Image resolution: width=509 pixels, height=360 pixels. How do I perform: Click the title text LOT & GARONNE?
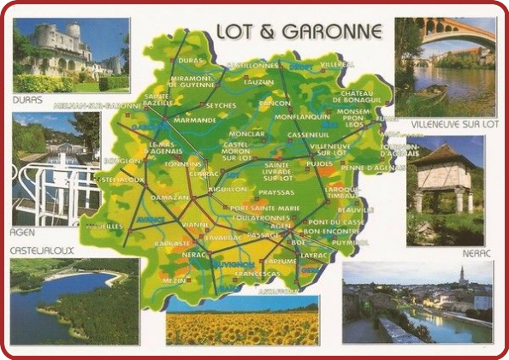tap(299, 32)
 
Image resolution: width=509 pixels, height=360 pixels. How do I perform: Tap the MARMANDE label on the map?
tap(194, 121)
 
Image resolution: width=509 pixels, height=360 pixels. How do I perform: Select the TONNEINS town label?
tap(185, 163)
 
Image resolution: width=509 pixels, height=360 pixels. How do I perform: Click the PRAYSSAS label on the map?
tap(275, 193)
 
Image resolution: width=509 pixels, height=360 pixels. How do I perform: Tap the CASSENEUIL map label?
tap(308, 135)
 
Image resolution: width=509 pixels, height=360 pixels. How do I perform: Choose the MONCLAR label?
tap(247, 134)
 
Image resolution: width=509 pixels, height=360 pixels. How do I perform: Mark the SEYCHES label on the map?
tap(221, 105)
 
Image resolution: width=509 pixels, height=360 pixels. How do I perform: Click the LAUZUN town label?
tap(257, 82)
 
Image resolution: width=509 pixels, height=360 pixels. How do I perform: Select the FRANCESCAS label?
tap(257, 274)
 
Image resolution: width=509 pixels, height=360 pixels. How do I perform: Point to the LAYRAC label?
tap(315, 255)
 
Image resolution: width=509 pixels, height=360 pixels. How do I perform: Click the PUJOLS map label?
tap(319, 162)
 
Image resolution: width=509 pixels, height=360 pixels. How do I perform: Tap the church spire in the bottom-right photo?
tap(461, 276)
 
